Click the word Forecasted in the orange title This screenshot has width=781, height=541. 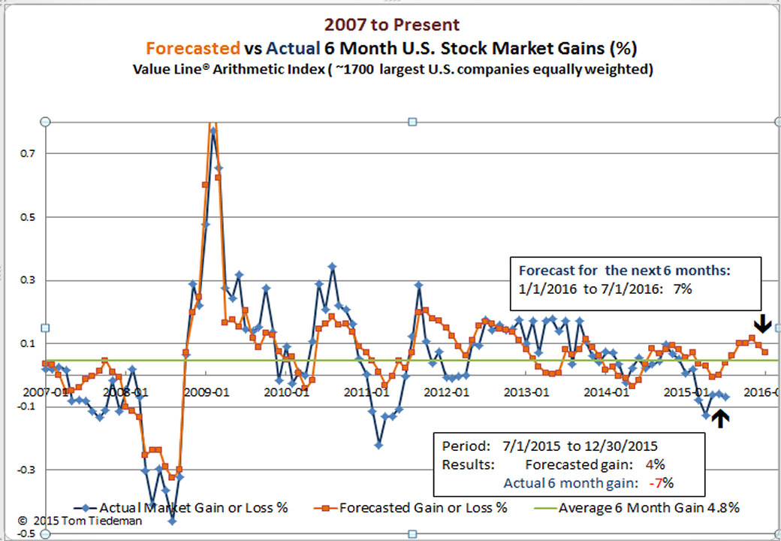point(192,49)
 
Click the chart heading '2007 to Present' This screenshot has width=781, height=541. point(390,26)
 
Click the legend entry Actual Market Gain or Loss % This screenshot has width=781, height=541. point(194,508)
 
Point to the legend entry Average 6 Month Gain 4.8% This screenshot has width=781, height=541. point(649,508)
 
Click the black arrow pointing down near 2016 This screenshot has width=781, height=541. point(763,323)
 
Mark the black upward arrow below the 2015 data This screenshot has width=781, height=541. point(720,418)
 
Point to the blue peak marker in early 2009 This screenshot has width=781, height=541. point(213,131)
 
